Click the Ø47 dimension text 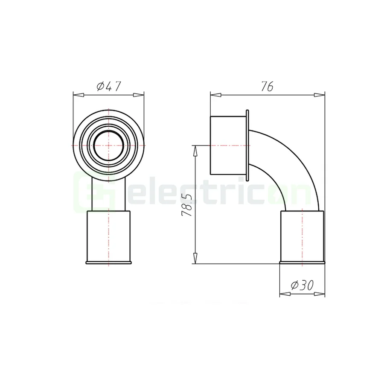pyautogui.click(x=109, y=86)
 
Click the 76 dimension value pyautogui.click(x=267, y=86)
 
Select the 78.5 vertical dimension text pyautogui.click(x=186, y=205)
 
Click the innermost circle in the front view pyautogui.click(x=109, y=145)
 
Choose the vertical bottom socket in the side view pyautogui.click(x=302, y=237)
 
